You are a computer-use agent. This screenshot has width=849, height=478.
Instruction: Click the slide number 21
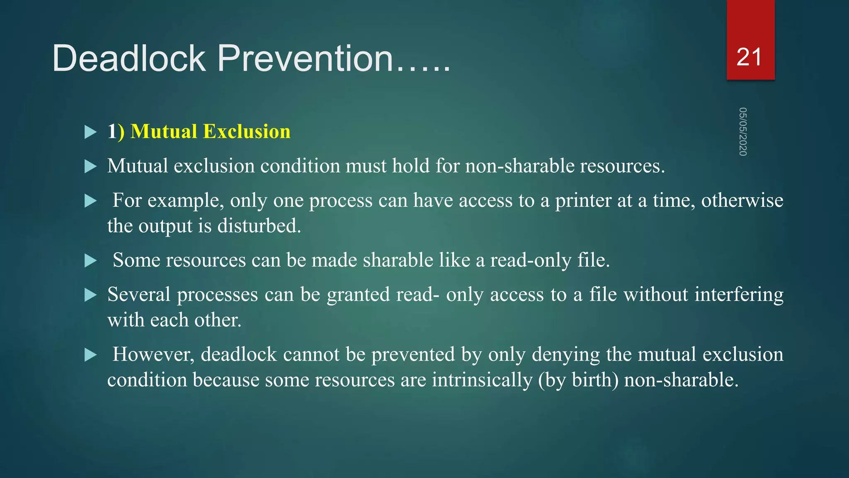pyautogui.click(x=749, y=57)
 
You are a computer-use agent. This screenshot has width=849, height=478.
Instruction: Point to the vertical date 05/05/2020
pyautogui.click(x=742, y=132)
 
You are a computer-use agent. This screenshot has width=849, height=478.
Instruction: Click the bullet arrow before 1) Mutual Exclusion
pyautogui.click(x=90, y=132)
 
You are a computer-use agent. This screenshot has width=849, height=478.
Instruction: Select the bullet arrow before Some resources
pyautogui.click(x=90, y=261)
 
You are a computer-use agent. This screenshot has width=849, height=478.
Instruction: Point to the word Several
pyautogui.click(x=138, y=295)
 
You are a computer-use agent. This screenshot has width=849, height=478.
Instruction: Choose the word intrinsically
pyautogui.click(x=482, y=380)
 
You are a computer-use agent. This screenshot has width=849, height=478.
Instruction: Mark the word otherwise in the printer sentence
pyautogui.click(x=742, y=201)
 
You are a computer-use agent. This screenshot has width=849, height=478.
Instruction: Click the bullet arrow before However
pyautogui.click(x=90, y=355)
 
